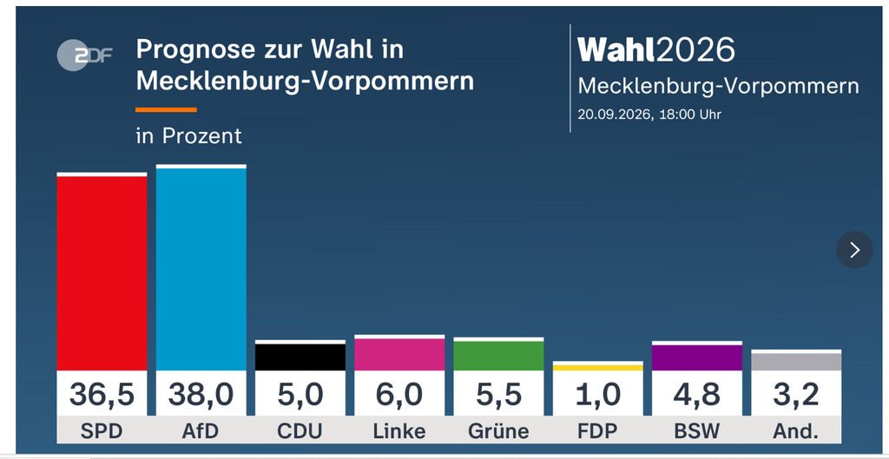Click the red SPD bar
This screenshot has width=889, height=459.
click(102, 273)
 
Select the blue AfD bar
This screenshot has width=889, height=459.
click(201, 269)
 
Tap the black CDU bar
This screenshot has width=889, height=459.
click(300, 357)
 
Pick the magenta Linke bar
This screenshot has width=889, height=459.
click(399, 354)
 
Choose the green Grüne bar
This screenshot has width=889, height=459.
click(499, 356)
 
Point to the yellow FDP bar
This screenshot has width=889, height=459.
click(598, 368)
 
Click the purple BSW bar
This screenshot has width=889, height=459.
click(697, 357)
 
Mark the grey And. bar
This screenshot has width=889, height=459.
click(797, 362)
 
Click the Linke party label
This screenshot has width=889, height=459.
click(399, 432)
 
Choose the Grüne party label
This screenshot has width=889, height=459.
click(499, 432)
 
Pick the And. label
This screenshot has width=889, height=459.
click(796, 432)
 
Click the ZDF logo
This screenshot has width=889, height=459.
click(84, 55)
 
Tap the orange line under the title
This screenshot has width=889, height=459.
click(166, 109)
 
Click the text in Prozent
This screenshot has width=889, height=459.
click(188, 136)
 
